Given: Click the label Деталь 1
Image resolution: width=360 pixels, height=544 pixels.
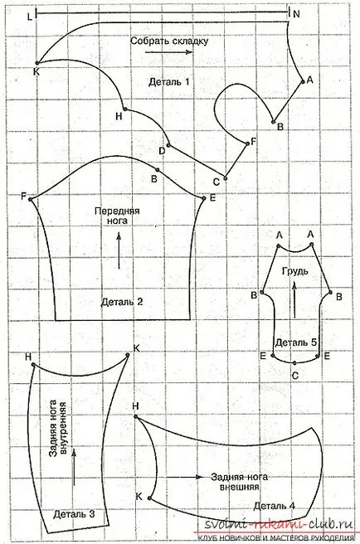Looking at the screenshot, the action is point(169,82).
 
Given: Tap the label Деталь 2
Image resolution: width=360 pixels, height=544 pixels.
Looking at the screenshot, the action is point(122,302).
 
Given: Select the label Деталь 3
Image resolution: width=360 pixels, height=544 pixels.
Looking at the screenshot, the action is point(74,514).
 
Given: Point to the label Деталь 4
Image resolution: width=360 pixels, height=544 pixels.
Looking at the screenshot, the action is point(275,506).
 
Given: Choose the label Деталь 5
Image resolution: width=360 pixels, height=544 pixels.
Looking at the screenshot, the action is point(296,342).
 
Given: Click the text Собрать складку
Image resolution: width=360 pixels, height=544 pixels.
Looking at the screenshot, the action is point(169,41).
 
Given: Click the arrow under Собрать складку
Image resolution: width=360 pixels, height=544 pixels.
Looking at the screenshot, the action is point(168,52).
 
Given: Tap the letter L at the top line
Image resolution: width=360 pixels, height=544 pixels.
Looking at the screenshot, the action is point(30,16).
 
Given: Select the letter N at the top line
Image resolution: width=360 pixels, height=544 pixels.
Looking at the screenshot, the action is point(296,14).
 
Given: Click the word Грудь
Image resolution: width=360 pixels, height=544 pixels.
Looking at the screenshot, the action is point(294,270).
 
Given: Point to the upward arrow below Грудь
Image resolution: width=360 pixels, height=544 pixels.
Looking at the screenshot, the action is point(294,299).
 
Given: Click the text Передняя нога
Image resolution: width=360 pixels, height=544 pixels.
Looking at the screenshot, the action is point(117,216).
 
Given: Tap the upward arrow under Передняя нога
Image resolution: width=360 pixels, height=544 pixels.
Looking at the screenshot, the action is point(119,250).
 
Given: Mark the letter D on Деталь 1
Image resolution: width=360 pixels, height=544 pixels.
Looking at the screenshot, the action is point(162,151).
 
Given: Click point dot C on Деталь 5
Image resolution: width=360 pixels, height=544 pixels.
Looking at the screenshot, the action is point(294,363).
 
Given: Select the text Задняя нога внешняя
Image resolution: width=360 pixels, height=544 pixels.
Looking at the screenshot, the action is point(239,482).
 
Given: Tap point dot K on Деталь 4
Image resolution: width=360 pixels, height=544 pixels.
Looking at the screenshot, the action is point(149,498).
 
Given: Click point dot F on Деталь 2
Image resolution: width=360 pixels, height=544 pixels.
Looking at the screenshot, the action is point(30,200).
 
